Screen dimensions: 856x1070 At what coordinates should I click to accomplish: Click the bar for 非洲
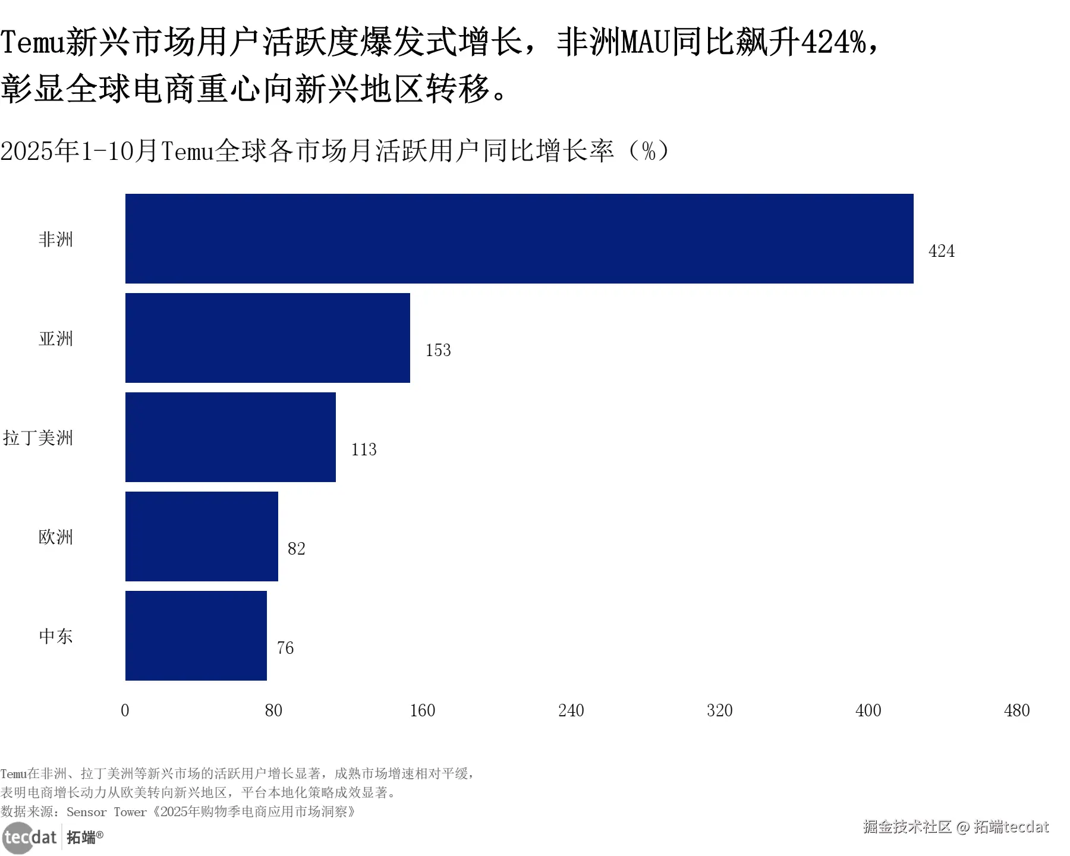(x=519, y=238)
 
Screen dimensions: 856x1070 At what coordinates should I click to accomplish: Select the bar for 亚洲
(x=267, y=338)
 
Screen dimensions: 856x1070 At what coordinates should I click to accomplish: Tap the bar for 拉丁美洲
(x=230, y=437)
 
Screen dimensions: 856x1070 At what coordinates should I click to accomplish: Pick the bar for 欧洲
(x=202, y=536)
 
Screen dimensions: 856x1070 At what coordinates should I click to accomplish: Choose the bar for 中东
(x=196, y=635)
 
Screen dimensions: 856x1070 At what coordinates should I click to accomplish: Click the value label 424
(x=941, y=251)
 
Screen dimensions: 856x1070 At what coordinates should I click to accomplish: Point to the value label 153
(x=438, y=350)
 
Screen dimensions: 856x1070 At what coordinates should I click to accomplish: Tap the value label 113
(x=364, y=449)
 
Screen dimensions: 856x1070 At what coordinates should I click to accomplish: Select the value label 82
(x=296, y=549)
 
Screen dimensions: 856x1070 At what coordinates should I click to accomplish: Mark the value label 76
(x=285, y=648)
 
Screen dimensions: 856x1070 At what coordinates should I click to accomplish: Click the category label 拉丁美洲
(x=38, y=438)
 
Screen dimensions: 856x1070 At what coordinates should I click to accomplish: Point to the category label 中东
(x=56, y=636)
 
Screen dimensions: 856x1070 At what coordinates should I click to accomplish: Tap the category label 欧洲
(x=56, y=537)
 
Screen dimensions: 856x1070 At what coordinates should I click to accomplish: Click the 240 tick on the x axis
(x=571, y=710)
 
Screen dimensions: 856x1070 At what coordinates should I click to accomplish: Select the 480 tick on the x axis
(x=1016, y=710)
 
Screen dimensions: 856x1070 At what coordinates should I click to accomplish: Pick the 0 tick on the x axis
(x=125, y=710)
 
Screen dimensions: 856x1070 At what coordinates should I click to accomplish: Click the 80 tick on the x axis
(x=273, y=710)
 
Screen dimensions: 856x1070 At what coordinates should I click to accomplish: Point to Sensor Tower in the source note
(x=106, y=812)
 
